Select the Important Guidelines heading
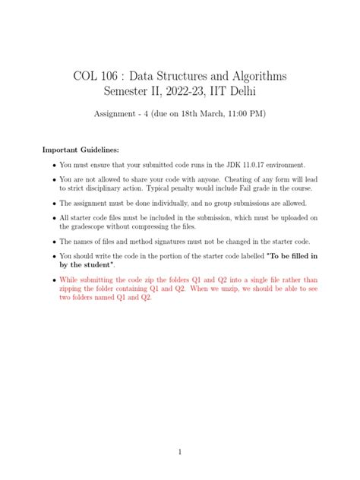[x=80, y=150]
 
